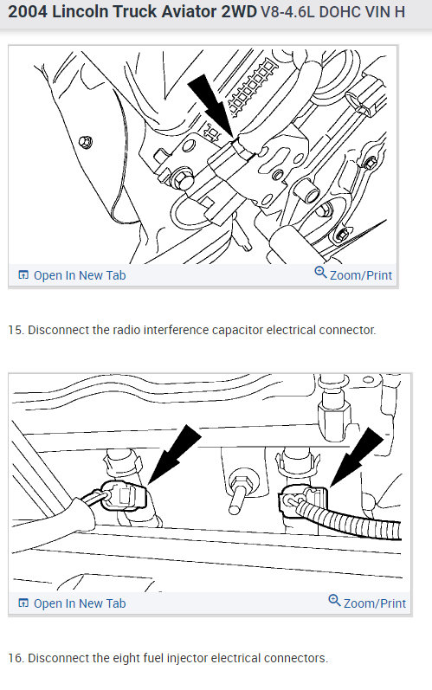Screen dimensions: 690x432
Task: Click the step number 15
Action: pos(15,331)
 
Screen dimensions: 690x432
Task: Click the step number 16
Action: pos(15,659)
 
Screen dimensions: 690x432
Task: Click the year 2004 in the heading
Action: pos(29,15)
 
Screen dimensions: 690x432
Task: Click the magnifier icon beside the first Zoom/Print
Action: pos(320,274)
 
